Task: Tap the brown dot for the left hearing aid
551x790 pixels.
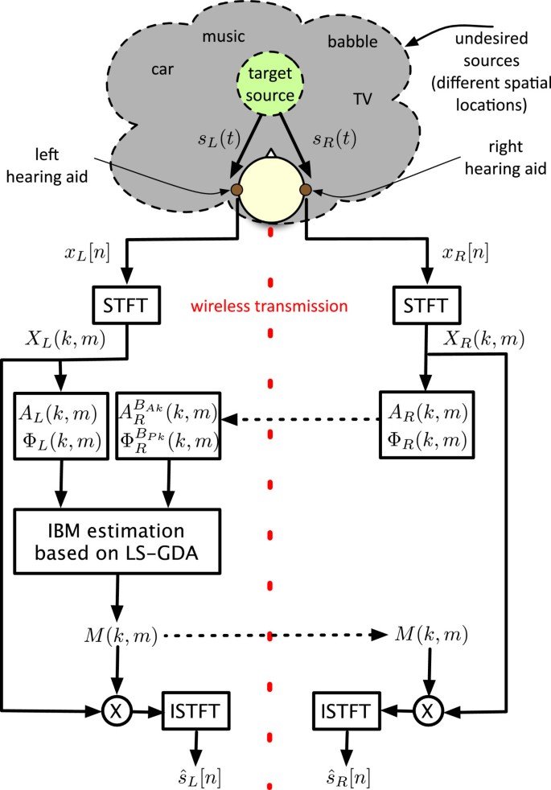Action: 236,190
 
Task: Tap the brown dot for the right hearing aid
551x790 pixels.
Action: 305,190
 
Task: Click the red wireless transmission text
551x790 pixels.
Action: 281,306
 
